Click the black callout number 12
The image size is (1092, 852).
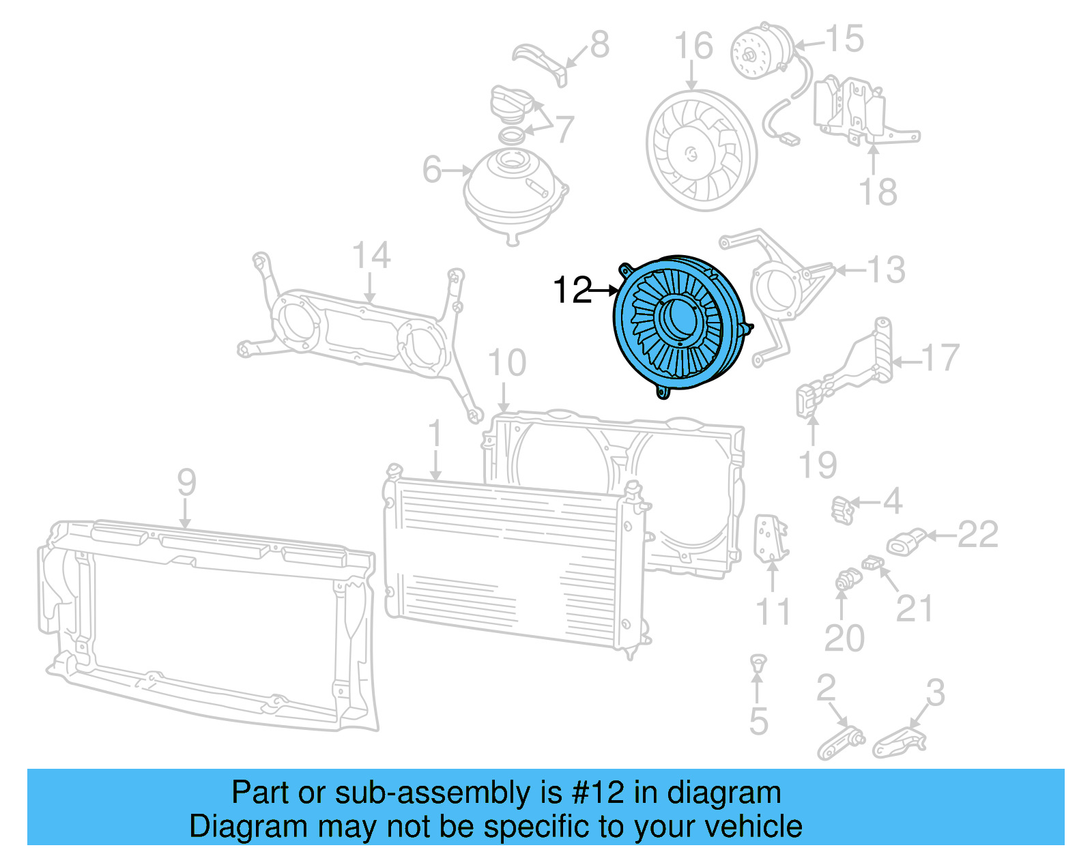tap(571, 291)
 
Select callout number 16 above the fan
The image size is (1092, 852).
tap(693, 46)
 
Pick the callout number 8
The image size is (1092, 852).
tap(599, 45)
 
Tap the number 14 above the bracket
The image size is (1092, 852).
tap(371, 256)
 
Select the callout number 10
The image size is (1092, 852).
tap(506, 363)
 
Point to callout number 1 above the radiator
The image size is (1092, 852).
tap(435, 435)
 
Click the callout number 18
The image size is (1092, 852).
tap(878, 192)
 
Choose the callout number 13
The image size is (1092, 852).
tap(886, 270)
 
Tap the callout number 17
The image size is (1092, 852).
tap(940, 357)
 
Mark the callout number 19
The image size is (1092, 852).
tap(817, 465)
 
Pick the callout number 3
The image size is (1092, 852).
tap(935, 692)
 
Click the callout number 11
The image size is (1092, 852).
tap(773, 612)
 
